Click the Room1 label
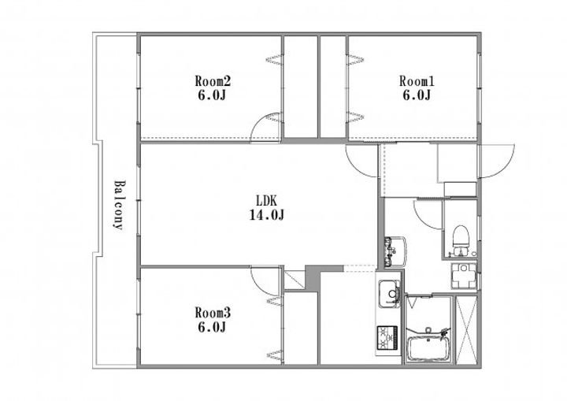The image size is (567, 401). coord(417,80)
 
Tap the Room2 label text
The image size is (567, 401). coord(213,80)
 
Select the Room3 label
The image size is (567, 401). coord(213,312)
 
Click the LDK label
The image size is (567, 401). coord(266,200)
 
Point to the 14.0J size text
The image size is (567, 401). coord(266,215)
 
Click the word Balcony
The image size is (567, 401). coord(118,205)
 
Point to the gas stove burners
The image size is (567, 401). coord(387,338)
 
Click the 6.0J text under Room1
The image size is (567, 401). coord(417,95)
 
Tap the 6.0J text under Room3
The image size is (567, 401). coord(212,327)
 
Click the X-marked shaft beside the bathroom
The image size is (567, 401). coord(467,330)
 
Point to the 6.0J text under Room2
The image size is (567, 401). coord(212,95)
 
